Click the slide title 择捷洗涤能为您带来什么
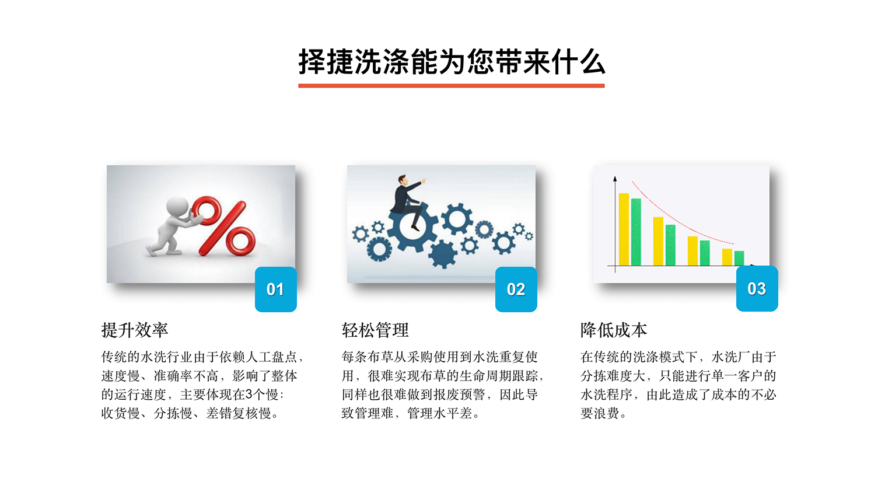point(451,62)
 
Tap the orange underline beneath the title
point(451,86)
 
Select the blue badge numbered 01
point(275,289)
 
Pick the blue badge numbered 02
point(516,289)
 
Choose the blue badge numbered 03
point(757,289)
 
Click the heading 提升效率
point(135,330)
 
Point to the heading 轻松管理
point(375,330)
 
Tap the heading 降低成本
point(614,330)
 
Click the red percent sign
point(225,226)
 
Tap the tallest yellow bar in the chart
point(624,229)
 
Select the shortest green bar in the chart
point(739,258)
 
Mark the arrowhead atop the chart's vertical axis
point(614,179)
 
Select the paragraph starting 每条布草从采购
point(442,385)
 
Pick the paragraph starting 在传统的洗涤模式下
point(678,385)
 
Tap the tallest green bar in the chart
point(636,232)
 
